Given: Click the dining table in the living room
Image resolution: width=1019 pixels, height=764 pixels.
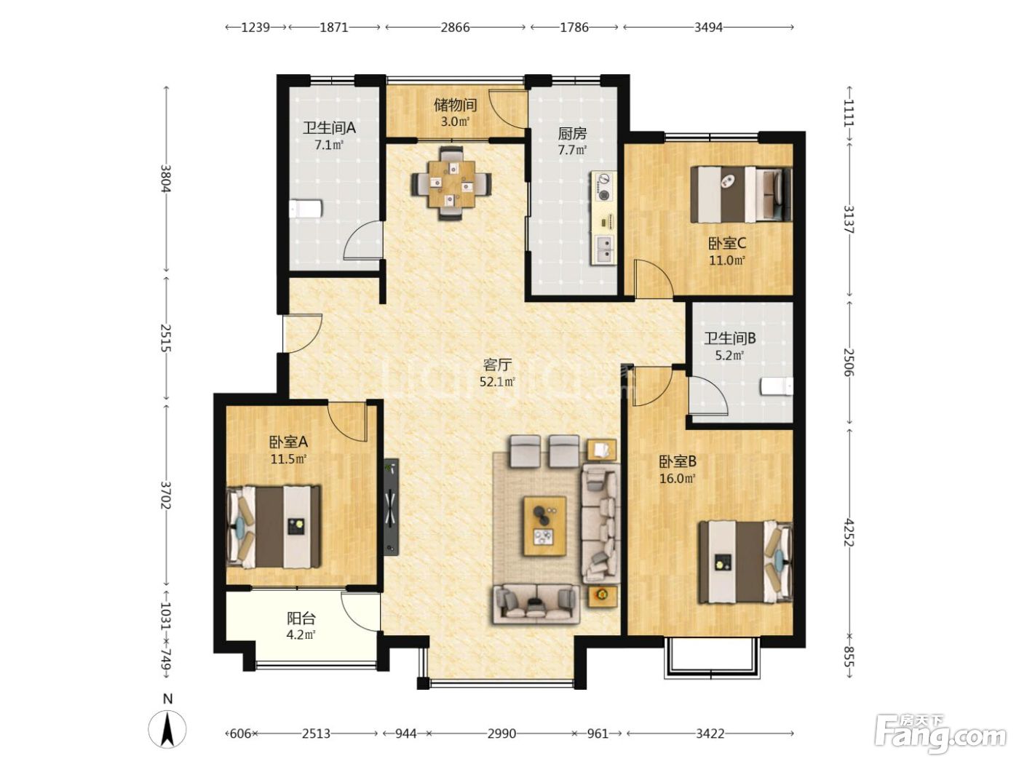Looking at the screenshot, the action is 451,183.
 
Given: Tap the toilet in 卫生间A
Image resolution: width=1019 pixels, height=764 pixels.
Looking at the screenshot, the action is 306,209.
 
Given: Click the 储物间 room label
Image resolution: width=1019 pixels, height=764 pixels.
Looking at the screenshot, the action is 455,105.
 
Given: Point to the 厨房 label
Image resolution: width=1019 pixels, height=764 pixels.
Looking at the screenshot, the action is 572,134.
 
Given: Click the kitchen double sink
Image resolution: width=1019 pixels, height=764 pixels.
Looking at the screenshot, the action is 604,250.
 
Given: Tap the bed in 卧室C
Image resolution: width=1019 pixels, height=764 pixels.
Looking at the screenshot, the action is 741,194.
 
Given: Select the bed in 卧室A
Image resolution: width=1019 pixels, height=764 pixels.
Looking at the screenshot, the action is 274,527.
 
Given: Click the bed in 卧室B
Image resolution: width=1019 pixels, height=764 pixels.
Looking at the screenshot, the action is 745,562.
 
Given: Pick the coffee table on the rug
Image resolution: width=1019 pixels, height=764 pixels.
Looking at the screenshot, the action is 544,525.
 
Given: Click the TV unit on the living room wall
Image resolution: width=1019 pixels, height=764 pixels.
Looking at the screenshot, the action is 392,507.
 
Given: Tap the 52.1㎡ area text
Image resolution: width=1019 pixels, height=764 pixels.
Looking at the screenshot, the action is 497,382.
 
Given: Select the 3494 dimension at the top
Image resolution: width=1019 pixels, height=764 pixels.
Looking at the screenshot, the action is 708,28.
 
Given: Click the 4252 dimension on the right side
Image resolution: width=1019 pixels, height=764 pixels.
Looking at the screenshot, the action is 849,532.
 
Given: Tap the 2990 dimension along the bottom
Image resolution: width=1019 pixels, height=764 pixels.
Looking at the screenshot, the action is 501,733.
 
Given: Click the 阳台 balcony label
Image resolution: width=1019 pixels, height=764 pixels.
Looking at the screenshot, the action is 301,618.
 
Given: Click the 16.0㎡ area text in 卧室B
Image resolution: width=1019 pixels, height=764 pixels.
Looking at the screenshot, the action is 678,478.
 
